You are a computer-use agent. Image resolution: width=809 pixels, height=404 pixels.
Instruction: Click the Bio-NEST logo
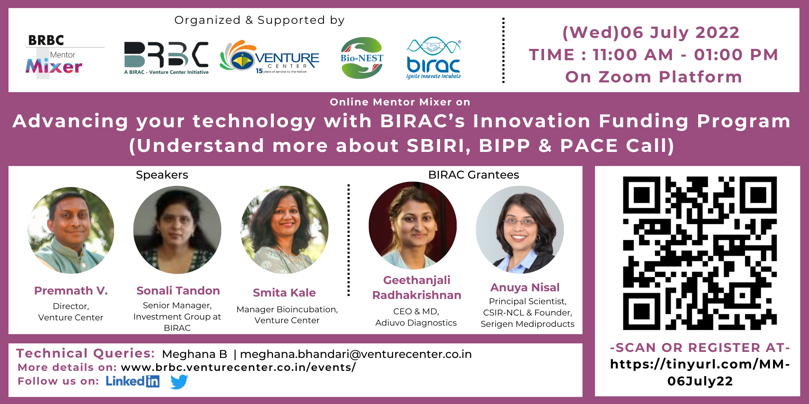pyautogui.click(x=362, y=58)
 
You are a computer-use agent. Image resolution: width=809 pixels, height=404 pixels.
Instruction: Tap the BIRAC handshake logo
pyautogui.click(x=434, y=58)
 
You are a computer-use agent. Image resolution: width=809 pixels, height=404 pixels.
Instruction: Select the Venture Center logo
pyautogui.click(x=269, y=57)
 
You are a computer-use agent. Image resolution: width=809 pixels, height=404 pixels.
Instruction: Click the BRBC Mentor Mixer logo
pyautogui.click(x=54, y=56)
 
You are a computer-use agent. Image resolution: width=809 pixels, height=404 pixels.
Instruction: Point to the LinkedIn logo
pyautogui.click(x=133, y=381)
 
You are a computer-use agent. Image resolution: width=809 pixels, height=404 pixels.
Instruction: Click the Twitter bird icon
pyautogui.click(x=179, y=381)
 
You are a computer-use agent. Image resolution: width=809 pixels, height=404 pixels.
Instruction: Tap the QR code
pyautogui.click(x=700, y=253)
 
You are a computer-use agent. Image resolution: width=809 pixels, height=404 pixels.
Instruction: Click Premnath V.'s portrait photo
pyautogui.click(x=71, y=230)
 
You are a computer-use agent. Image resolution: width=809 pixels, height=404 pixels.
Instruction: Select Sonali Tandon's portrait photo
pyautogui.click(x=177, y=230)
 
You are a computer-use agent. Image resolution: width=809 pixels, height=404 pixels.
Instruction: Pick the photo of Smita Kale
pyautogui.click(x=284, y=230)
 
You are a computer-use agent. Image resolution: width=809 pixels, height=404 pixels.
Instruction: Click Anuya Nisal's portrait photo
pyautogui.click(x=520, y=229)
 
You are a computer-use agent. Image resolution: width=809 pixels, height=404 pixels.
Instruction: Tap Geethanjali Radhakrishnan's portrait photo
pyautogui.click(x=413, y=225)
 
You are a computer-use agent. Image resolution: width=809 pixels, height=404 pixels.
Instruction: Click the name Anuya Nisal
pyautogui.click(x=525, y=287)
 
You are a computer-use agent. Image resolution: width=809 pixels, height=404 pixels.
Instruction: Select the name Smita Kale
pyautogui.click(x=284, y=292)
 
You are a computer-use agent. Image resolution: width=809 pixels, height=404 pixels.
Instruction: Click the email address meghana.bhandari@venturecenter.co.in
pyautogui.click(x=356, y=354)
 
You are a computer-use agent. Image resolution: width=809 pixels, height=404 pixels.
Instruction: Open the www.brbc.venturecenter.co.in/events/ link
pyautogui.click(x=238, y=367)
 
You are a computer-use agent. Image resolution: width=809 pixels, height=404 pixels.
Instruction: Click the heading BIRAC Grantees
pyautogui.click(x=473, y=175)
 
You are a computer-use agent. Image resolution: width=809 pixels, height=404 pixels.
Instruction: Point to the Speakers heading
pyautogui.click(x=162, y=175)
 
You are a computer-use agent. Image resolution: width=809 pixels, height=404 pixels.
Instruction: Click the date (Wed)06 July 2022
pyautogui.click(x=651, y=32)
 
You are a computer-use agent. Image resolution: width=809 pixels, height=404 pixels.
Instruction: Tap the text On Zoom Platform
pyautogui.click(x=653, y=77)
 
